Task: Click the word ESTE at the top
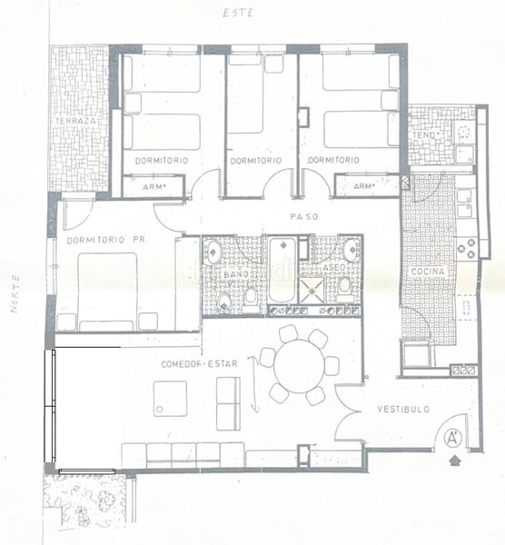238,14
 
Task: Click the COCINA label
427,272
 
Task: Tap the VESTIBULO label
404,410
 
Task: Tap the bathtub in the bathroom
282,273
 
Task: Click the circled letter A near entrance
453,439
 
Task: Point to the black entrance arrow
454,462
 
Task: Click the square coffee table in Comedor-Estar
170,399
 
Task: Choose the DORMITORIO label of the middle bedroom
256,161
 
